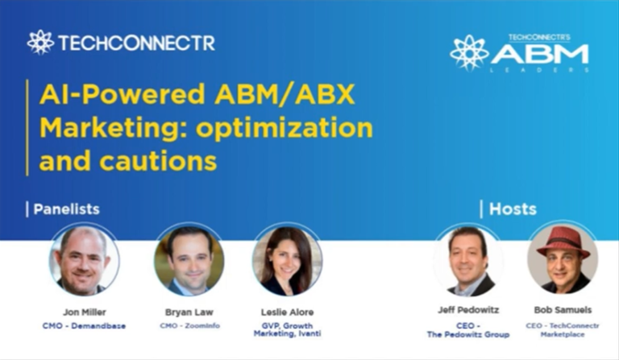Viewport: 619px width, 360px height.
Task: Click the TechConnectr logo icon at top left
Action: (x=40, y=42)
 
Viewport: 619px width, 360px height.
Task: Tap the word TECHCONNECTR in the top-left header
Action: (x=136, y=43)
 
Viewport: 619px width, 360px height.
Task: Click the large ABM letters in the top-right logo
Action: (x=540, y=55)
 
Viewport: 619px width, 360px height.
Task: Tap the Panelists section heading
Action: (x=66, y=209)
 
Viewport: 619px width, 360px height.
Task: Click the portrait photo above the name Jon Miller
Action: (x=84, y=260)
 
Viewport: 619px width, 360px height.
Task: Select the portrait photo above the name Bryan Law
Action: (x=189, y=260)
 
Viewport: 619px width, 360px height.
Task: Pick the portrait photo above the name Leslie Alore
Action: (x=287, y=260)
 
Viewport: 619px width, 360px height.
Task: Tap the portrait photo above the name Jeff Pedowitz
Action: (x=468, y=260)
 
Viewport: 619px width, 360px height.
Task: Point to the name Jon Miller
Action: (x=84, y=310)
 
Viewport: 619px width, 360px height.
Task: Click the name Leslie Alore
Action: (x=287, y=310)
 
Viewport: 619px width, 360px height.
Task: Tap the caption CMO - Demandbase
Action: (x=84, y=325)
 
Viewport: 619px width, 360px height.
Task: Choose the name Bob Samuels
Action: (x=563, y=308)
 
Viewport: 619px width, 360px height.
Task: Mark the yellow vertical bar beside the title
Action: (x=28, y=127)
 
